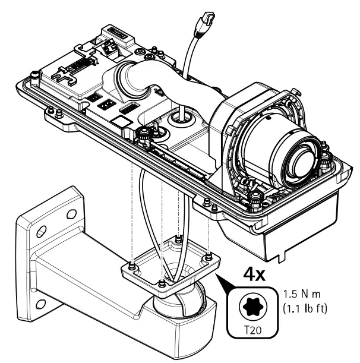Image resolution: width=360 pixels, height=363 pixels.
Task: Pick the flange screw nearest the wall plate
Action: click(x=130, y=261)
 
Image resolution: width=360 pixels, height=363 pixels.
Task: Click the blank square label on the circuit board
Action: click(x=121, y=121)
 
